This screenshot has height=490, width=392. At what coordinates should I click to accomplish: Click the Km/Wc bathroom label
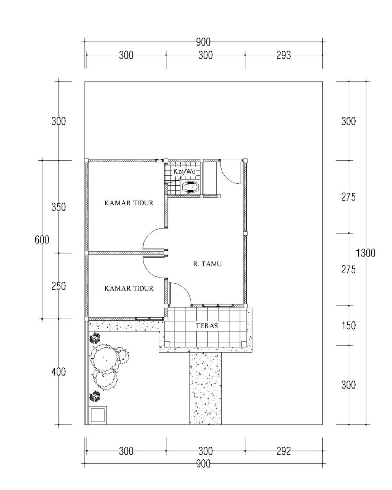point(184,171)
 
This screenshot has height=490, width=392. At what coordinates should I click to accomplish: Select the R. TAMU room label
point(207,264)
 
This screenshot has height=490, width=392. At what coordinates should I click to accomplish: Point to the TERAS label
point(207,326)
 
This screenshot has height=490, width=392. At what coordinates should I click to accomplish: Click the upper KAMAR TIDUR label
point(129,203)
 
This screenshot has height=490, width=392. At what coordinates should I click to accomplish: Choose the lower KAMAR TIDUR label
point(129,289)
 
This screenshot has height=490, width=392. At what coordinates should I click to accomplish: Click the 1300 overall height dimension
point(365,253)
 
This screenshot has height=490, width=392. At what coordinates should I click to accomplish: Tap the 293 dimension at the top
point(283,55)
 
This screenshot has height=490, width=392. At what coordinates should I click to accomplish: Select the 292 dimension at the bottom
point(283,451)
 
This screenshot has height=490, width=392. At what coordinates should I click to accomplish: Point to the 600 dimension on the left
point(42,240)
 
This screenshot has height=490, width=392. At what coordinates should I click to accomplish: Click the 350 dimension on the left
point(59,207)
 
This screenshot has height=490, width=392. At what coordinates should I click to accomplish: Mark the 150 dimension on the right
point(348,326)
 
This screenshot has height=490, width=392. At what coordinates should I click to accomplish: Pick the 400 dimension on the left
point(59,372)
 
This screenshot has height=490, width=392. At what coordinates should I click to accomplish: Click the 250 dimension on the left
point(59,286)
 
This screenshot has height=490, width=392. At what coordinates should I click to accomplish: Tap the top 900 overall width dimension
point(203,42)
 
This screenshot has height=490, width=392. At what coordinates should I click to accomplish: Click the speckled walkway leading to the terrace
point(205,388)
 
